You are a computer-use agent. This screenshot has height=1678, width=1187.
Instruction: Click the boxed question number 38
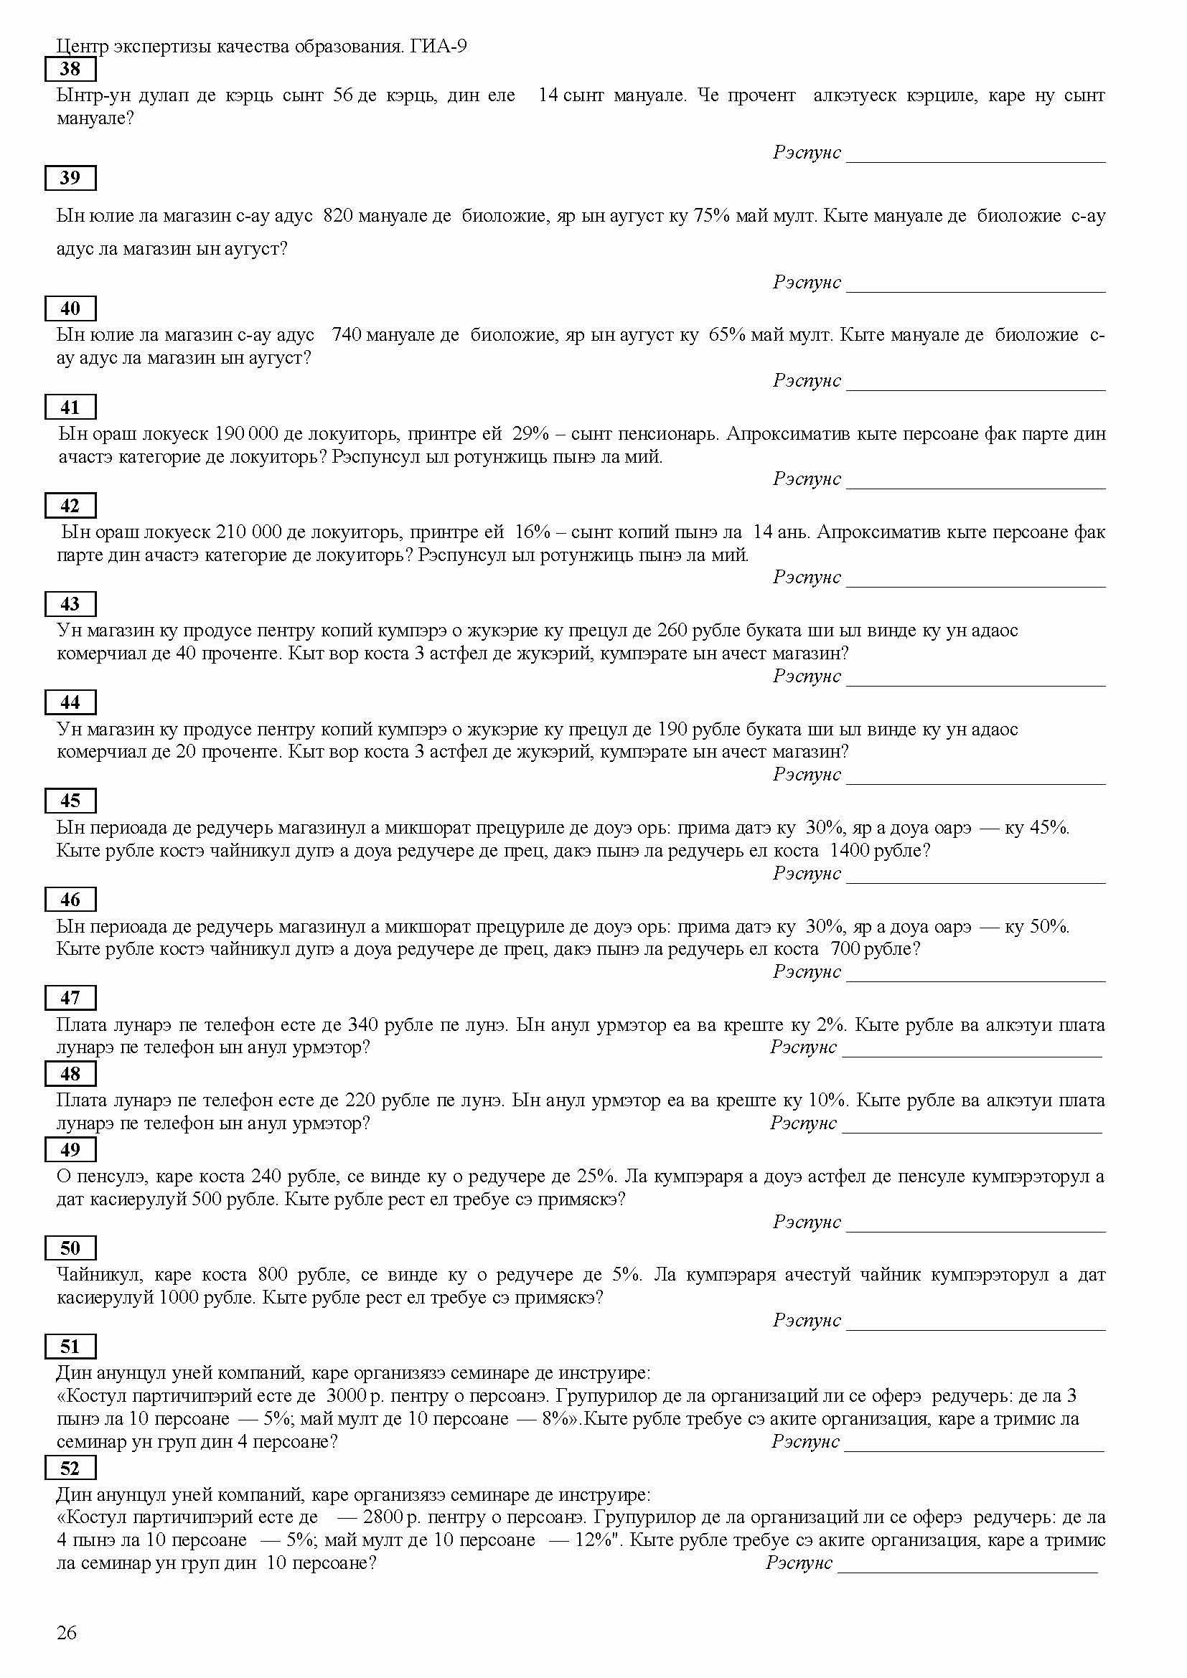tap(70, 70)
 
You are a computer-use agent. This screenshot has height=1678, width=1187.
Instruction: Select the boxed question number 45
tap(70, 801)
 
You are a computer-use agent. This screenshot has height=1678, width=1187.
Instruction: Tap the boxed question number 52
tap(70, 1469)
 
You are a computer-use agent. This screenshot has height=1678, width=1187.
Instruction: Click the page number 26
tap(67, 1633)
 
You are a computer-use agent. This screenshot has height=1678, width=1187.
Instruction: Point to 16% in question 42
tap(532, 532)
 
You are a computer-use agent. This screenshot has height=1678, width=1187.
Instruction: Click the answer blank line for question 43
tap(975, 684)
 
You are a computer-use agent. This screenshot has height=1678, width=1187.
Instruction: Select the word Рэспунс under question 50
tap(807, 1321)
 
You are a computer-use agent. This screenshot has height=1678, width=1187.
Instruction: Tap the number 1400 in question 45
tap(849, 851)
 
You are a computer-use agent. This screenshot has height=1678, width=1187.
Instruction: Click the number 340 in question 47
tap(362, 1024)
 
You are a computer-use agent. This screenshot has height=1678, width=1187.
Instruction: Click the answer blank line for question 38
tap(975, 161)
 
